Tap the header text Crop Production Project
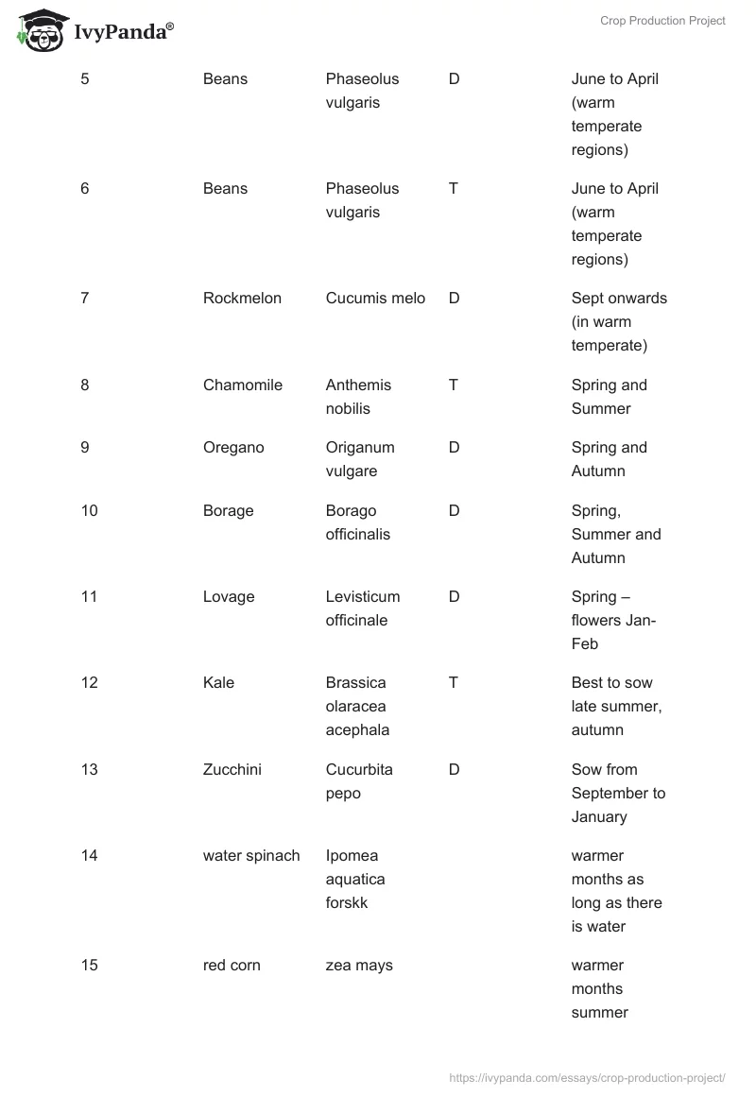point(662,21)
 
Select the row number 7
point(85,299)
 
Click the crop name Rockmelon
point(242,299)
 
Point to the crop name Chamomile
point(242,385)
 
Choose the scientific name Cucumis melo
point(375,299)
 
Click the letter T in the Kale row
point(454,683)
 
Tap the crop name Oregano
point(233,448)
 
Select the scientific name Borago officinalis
point(357,522)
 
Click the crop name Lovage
point(230,597)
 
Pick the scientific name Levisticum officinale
point(362,608)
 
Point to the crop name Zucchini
point(232,770)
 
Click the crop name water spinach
point(251,856)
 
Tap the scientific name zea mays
point(359,966)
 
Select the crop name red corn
point(232,966)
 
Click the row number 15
point(89,966)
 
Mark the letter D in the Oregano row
point(454,448)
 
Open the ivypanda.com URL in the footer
point(586,1077)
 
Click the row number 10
point(89,511)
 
